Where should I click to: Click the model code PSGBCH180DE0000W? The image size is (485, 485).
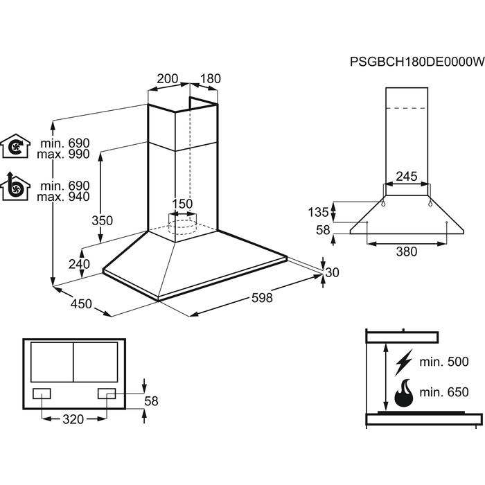(416, 63)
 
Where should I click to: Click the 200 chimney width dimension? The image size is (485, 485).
(168, 79)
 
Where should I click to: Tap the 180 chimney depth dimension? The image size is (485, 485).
(210, 79)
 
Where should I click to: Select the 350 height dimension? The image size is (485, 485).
(103, 221)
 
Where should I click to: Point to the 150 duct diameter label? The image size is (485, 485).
(182, 204)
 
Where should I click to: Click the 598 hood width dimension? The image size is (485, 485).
(262, 299)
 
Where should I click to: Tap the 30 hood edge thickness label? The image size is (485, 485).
(333, 272)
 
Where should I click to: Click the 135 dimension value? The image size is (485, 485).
(319, 211)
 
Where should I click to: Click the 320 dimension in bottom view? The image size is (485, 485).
(73, 419)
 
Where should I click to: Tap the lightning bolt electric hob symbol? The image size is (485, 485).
(403, 362)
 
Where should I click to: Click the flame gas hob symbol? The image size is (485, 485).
(403, 393)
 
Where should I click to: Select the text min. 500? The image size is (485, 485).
(444, 362)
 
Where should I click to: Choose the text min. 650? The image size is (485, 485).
(444, 392)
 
